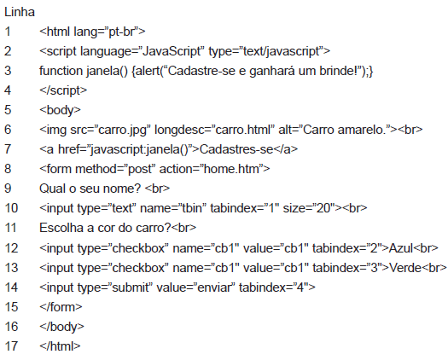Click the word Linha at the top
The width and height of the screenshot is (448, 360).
tap(20, 12)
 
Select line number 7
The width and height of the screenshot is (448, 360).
tap(8, 149)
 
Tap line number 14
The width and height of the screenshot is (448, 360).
tap(11, 287)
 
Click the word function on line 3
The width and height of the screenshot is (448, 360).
tap(61, 71)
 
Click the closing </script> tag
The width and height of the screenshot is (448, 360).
tap(63, 90)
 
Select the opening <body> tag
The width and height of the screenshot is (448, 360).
tap(60, 110)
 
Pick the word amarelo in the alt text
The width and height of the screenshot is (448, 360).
tap(361, 130)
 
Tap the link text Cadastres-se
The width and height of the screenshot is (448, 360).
tap(236, 149)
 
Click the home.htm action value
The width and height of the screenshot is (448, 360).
tap(231, 169)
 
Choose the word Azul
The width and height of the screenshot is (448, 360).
tap(401, 248)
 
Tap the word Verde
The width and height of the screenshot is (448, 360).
tap(405, 268)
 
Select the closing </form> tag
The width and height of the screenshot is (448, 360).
tap(61, 307)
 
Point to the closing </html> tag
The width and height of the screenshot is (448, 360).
tap(60, 346)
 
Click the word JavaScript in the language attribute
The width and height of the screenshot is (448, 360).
tap(172, 51)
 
